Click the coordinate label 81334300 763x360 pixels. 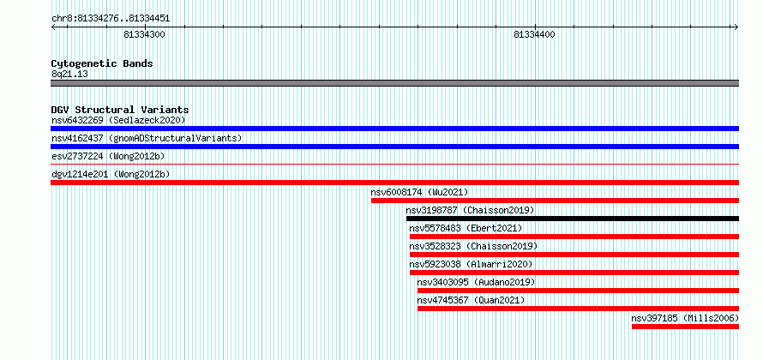(145, 34)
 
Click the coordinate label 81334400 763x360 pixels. (534, 34)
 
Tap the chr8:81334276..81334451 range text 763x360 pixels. (111, 19)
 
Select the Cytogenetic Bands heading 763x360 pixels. (102, 63)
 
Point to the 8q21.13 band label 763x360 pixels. (69, 75)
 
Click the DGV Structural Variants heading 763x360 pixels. (120, 110)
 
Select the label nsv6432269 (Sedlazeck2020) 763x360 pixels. (118, 120)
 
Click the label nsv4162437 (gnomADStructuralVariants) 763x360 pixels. (147, 138)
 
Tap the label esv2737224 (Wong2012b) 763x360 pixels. (109, 156)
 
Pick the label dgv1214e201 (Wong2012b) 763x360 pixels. (111, 174)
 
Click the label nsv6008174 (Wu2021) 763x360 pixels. (419, 192)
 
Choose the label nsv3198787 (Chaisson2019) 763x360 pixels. (470, 210)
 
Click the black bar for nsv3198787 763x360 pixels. (573, 219)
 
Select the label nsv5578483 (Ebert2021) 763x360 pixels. (466, 228)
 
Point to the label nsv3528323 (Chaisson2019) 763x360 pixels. (473, 246)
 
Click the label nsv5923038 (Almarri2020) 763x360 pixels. (471, 264)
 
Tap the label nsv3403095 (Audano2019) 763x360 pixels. (476, 282)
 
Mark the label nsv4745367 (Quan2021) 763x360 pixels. (471, 300)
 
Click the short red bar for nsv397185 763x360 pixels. (686, 327)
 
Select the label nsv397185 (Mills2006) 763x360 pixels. (685, 318)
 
